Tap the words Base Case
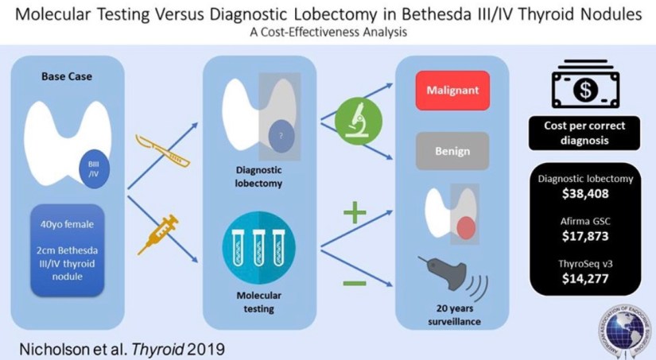pos(65,77)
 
